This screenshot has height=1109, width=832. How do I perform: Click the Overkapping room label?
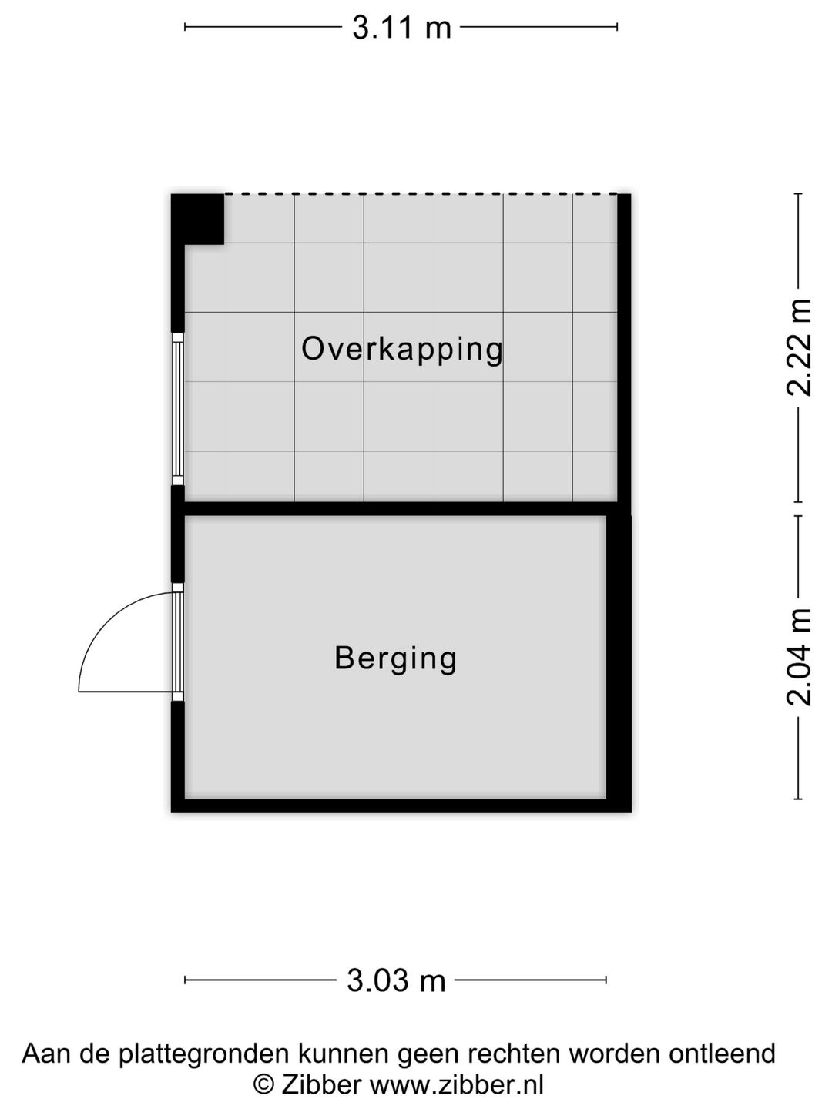click(401, 349)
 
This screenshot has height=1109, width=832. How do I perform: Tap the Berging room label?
click(396, 658)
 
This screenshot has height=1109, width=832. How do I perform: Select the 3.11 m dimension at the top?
click(401, 28)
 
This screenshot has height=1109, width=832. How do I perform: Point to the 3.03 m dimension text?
click(396, 980)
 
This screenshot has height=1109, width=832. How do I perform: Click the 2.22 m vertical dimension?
click(799, 347)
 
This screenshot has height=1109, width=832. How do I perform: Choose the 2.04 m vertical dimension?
click(799, 657)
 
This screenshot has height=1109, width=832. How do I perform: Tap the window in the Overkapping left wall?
click(178, 409)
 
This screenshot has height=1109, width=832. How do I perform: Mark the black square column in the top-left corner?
click(198, 219)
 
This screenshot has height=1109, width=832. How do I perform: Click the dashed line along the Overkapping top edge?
click(420, 193)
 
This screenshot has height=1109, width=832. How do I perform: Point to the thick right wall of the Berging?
click(619, 658)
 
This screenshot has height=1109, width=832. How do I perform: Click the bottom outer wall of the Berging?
click(401, 806)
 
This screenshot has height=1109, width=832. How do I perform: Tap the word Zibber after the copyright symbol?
click(321, 1085)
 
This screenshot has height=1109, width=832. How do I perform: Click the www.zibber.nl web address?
click(456, 1085)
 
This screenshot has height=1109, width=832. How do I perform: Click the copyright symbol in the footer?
click(264, 1085)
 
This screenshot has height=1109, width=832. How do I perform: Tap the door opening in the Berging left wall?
click(178, 642)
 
